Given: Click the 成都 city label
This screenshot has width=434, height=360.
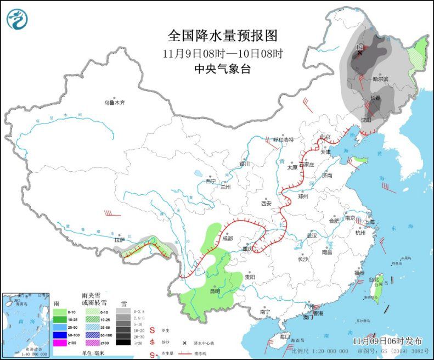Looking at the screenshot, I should coord(228,238).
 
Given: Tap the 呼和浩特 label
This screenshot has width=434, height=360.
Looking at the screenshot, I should coord(288,139).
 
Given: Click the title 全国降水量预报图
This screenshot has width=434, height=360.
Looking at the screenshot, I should coord(223,36).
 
